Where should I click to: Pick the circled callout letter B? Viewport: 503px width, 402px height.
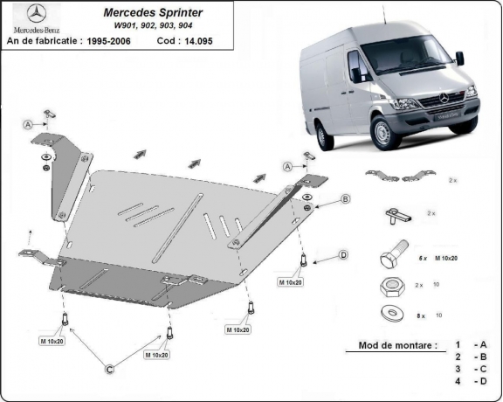(345, 199)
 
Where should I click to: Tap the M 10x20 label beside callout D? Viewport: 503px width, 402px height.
(292, 282)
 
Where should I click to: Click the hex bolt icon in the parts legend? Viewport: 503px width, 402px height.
(392, 259)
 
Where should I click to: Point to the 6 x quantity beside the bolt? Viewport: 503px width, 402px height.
(423, 259)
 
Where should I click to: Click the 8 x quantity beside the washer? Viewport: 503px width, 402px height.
(423, 314)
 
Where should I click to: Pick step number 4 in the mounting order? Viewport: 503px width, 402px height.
(457, 382)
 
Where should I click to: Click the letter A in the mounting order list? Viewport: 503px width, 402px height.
(483, 346)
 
